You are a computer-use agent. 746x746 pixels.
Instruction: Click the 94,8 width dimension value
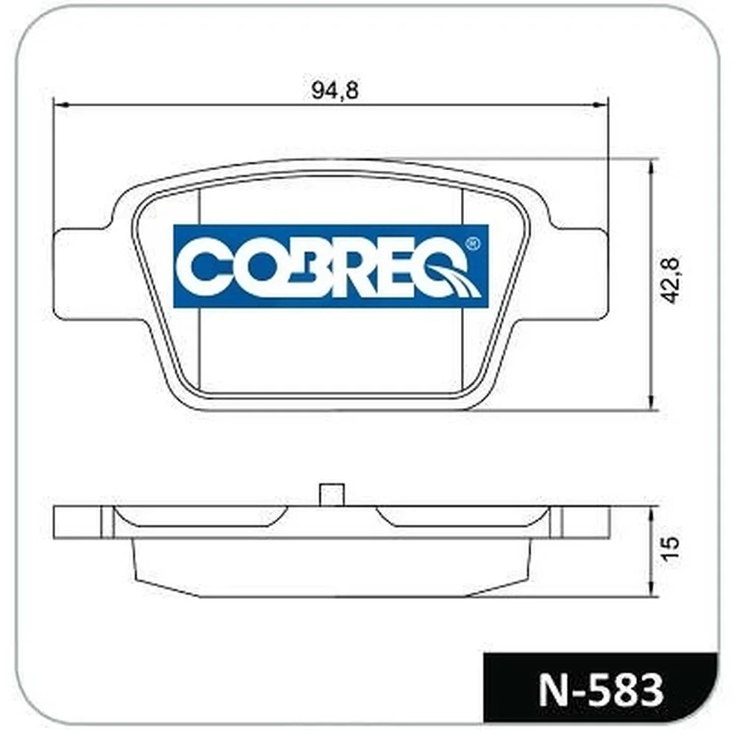(335, 90)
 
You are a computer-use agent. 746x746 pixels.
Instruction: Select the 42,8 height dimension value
(671, 280)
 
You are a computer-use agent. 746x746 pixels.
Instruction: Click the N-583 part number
(601, 690)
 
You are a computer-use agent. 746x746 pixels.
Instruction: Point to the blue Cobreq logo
(331, 266)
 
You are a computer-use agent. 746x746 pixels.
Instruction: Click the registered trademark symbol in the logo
(472, 244)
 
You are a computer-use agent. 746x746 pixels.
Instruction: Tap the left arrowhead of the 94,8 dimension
(62, 104)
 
